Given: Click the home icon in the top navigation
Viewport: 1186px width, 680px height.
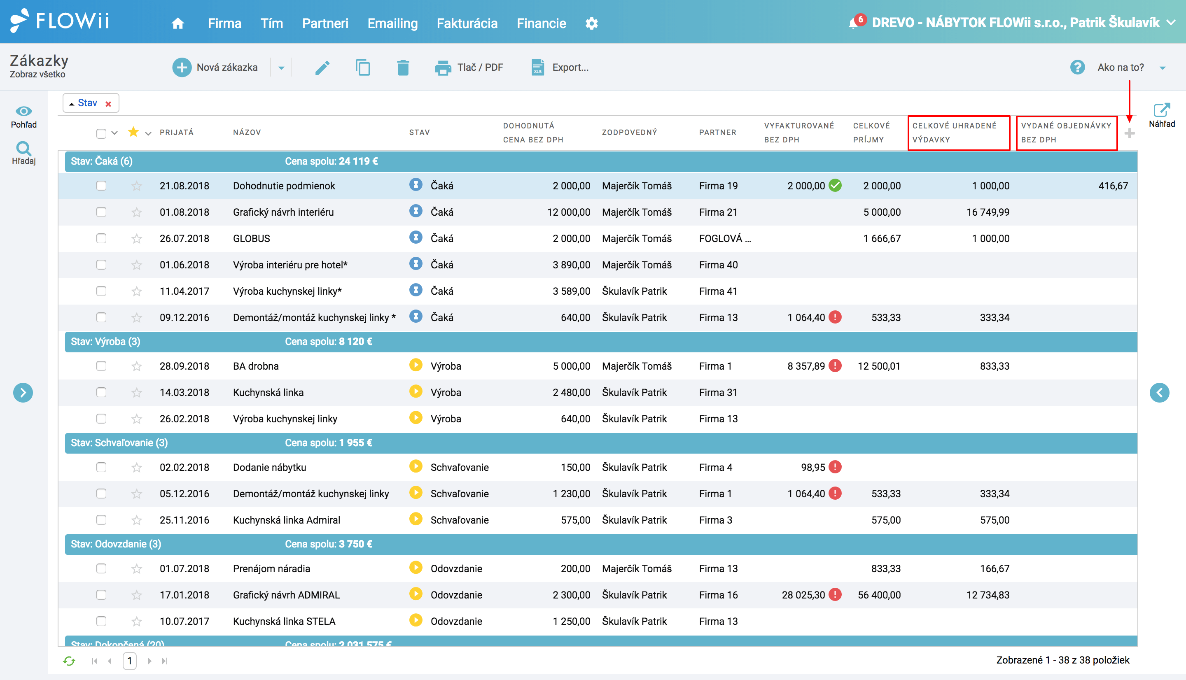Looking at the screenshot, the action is click(x=177, y=23).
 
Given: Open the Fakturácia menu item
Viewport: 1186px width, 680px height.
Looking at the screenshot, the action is click(x=467, y=23).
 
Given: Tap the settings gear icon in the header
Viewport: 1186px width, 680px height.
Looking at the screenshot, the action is click(x=591, y=23).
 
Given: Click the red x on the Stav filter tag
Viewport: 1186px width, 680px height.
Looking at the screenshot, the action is click(x=108, y=104).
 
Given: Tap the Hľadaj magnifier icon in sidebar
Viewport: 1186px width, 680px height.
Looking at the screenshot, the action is click(x=23, y=149).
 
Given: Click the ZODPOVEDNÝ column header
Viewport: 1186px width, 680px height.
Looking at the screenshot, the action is click(x=629, y=133).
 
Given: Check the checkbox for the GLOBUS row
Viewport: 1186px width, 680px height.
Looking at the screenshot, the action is click(x=101, y=238).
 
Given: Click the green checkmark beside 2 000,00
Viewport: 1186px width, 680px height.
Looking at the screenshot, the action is click(x=835, y=185).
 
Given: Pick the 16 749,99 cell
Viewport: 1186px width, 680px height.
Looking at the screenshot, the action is click(x=988, y=212).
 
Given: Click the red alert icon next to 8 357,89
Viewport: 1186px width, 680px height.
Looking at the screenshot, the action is click(x=835, y=366).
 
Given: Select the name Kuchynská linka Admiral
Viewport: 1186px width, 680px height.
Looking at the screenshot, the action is click(x=286, y=520).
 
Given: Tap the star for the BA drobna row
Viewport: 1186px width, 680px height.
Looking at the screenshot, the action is click(x=136, y=366).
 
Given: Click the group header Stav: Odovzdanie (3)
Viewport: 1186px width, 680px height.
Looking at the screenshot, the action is click(x=116, y=544).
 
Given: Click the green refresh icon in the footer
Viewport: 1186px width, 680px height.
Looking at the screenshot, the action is click(x=69, y=661).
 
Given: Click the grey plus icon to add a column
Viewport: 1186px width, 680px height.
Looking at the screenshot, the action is click(x=1130, y=133).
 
